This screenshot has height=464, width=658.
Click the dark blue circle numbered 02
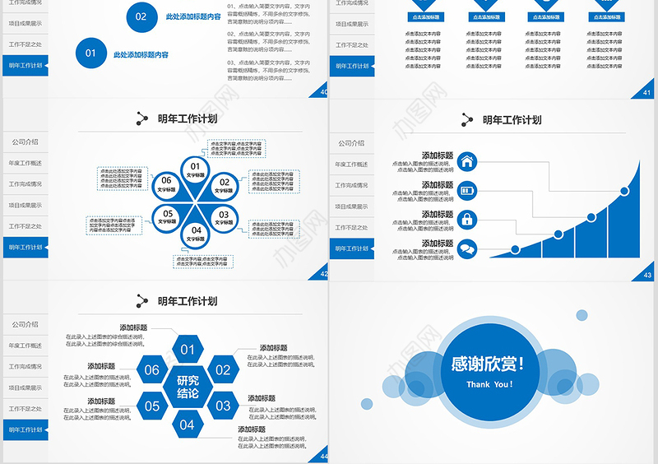[141, 16]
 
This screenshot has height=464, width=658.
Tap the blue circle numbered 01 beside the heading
[90, 54]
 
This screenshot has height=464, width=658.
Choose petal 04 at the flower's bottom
[196, 234]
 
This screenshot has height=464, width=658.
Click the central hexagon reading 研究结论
[188, 387]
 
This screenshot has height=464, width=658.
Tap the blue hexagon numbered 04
[188, 425]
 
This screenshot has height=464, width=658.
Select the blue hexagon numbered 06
[152, 370]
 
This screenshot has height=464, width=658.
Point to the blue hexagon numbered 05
[152, 406]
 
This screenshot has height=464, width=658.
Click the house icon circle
[467, 161]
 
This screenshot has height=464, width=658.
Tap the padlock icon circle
[467, 220]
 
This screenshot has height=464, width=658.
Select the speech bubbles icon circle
[467, 248]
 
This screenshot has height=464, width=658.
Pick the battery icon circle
[467, 190]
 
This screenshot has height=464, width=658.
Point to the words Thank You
[489, 384]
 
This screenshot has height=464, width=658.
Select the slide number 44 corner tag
[322, 457]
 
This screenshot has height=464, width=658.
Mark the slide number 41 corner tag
[648, 92]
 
